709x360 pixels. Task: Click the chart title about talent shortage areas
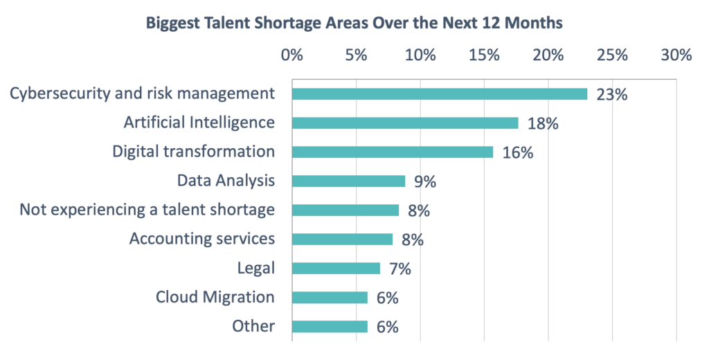click(x=354, y=23)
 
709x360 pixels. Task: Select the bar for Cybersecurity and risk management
click(x=440, y=94)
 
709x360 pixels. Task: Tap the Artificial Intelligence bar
click(x=405, y=123)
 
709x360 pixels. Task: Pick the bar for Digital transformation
click(x=393, y=152)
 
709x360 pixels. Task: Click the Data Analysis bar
click(x=348, y=181)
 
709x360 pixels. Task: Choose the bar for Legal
click(x=336, y=269)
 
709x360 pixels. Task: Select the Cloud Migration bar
click(x=330, y=298)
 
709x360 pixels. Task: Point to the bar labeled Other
click(x=330, y=327)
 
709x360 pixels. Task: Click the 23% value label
click(x=611, y=95)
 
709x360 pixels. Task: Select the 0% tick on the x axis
click(x=291, y=55)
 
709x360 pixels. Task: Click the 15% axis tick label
click(x=484, y=55)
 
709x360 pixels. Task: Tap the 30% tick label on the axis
click(x=676, y=55)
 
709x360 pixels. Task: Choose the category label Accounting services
click(x=202, y=239)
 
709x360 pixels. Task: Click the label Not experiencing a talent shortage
click(x=147, y=210)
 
